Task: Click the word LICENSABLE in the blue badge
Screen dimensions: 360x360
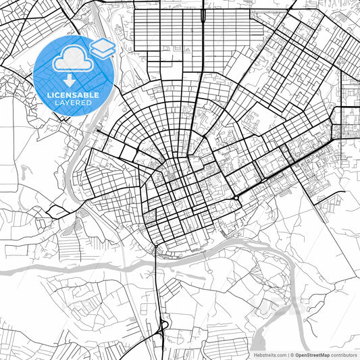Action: [x=73, y=95]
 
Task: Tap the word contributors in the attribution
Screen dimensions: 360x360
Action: [x=344, y=355]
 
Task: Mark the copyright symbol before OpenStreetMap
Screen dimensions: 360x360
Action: [x=291, y=355]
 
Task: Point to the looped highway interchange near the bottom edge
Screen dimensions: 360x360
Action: [x=162, y=327]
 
